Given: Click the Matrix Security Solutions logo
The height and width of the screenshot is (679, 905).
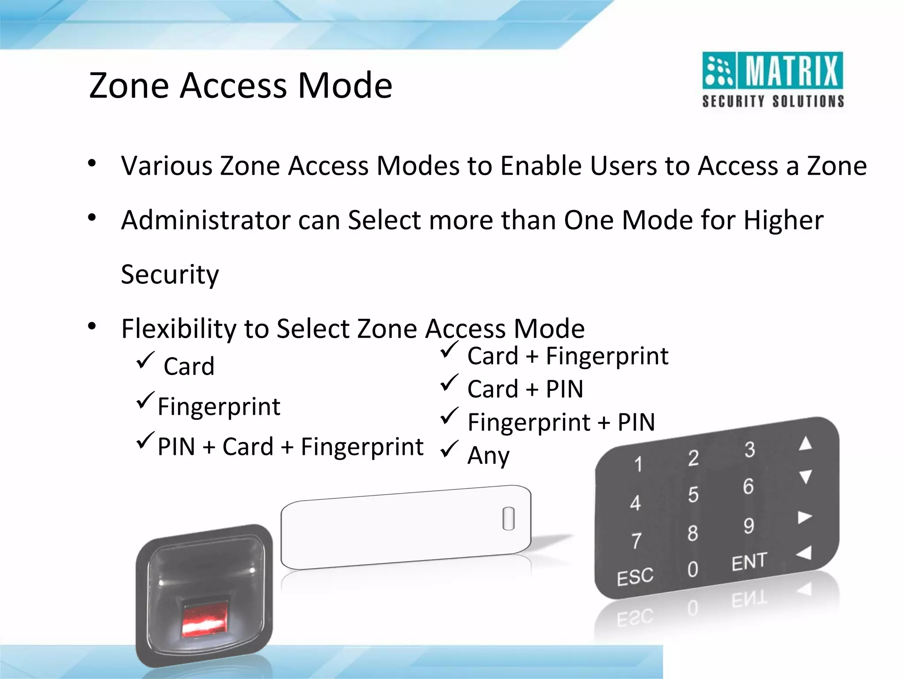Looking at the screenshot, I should pos(772,80).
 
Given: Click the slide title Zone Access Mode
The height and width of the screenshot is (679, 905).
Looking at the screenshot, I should pos(240,85).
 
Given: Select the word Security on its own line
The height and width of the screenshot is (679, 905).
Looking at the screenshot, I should pos(170,275).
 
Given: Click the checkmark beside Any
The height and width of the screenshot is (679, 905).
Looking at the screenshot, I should pos(449,449).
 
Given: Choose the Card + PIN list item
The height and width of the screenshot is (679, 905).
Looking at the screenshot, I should pos(525,389).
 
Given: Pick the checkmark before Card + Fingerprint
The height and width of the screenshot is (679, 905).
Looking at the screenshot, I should pos(449,350).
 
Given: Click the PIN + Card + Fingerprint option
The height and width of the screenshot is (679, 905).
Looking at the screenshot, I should pos(290,446).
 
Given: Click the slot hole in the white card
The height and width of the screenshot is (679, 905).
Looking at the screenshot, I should pos(509,518).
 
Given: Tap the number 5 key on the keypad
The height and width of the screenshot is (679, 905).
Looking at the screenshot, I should pos(693,495).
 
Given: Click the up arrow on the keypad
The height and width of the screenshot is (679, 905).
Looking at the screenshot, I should pos(805,443).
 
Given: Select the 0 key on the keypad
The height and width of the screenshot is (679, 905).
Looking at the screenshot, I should pos(692,569).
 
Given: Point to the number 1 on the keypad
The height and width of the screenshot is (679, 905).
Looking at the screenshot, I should pos(638,464).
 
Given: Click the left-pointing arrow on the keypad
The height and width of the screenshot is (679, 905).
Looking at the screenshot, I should pos(804,553).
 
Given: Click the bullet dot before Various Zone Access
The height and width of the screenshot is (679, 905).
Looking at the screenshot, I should pos(92,164).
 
